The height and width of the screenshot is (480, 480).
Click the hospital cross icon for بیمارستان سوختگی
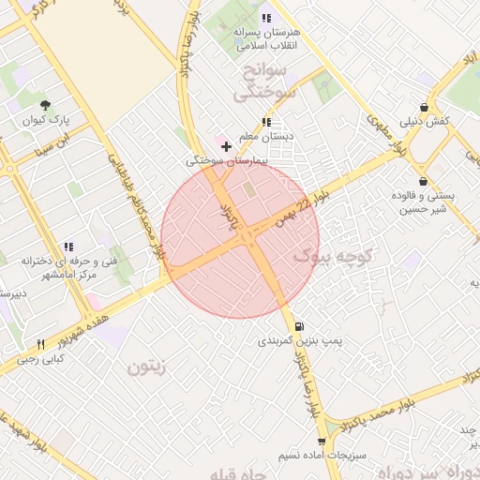click(x=226, y=146)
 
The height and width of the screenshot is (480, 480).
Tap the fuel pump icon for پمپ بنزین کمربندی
click(x=299, y=326)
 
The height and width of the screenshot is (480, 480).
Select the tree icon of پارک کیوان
click(x=46, y=106)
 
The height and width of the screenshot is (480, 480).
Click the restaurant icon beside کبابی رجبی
click(x=40, y=344)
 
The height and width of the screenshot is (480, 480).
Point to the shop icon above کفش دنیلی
click(x=425, y=107)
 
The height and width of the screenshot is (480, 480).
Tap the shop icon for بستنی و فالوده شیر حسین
click(x=423, y=181)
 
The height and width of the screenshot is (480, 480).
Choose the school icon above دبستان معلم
click(x=267, y=122)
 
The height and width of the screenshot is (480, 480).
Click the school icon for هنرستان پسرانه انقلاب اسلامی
click(x=267, y=18)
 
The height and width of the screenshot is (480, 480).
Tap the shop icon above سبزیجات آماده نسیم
click(x=322, y=440)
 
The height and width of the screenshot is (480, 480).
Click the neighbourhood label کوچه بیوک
click(x=334, y=254)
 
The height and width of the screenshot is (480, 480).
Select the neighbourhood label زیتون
click(x=147, y=367)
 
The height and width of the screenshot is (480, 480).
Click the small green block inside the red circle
click(x=249, y=191)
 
